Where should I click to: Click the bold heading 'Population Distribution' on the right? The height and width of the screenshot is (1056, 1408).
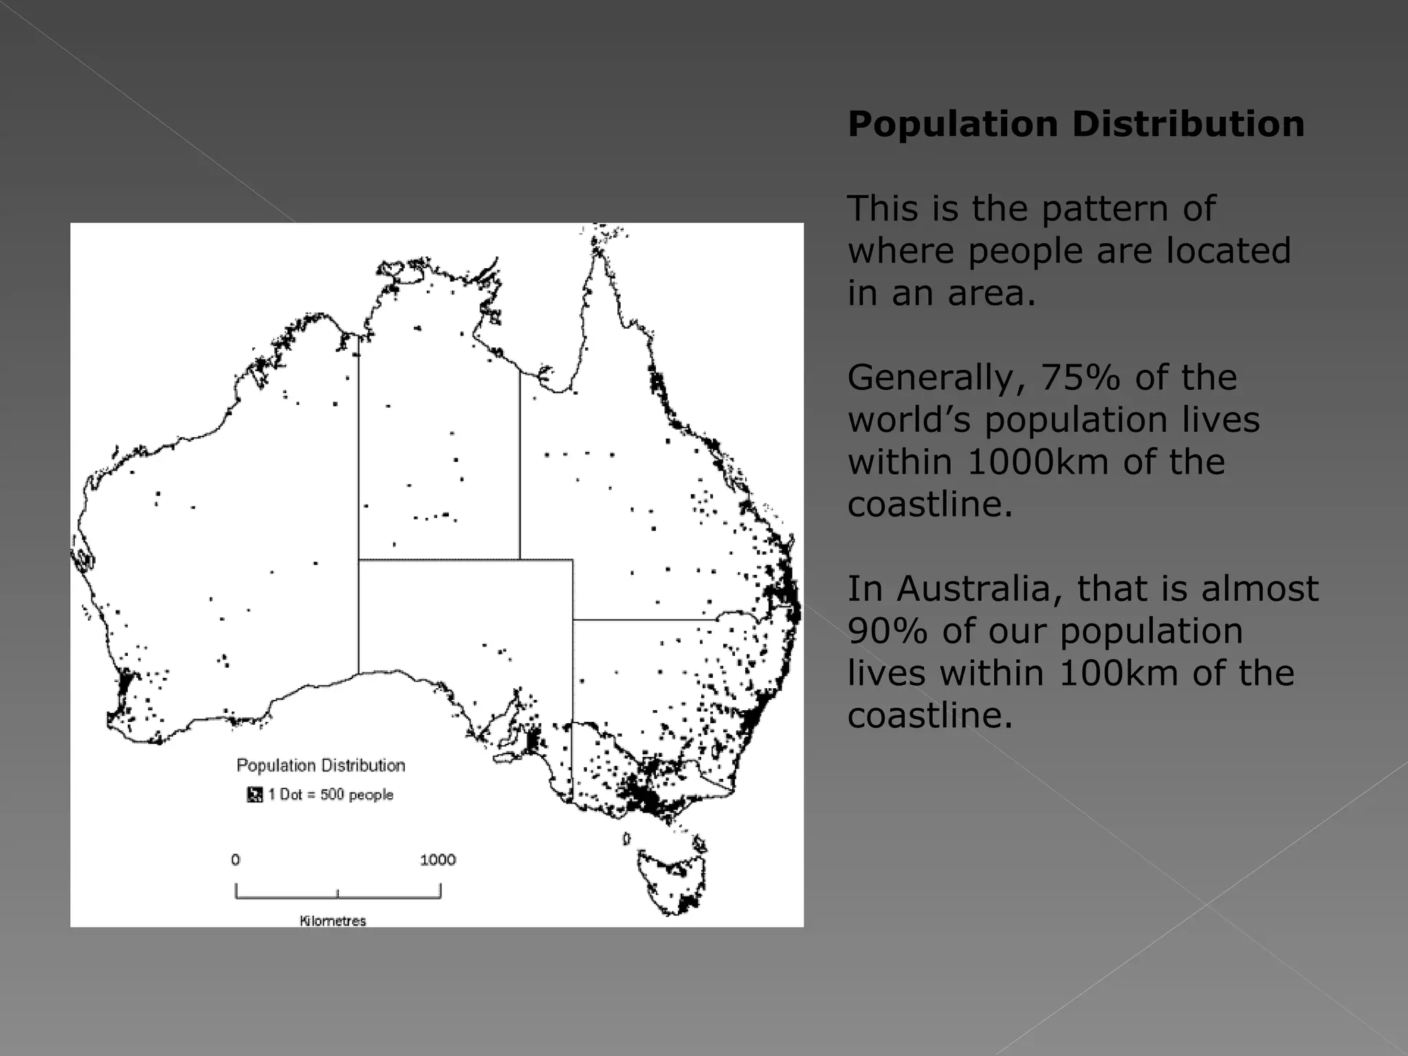coord(1076,124)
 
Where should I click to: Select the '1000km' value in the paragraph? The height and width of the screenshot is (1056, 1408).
coord(1037,462)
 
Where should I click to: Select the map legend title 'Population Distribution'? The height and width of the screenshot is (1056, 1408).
coord(321,766)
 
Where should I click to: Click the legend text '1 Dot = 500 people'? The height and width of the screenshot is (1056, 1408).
coord(331,795)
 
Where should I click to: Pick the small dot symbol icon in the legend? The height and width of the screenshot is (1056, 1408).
coord(254,795)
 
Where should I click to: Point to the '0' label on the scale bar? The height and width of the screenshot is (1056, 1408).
coord(236,860)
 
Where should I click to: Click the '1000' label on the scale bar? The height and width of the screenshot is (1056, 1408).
coord(438,860)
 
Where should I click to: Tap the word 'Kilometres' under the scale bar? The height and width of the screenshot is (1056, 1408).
coord(333,921)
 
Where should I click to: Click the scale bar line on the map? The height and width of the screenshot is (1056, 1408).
coord(385,897)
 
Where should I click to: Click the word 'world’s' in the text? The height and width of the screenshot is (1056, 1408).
coord(910,420)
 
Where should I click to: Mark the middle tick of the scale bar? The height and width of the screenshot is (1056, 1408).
coord(338,894)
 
